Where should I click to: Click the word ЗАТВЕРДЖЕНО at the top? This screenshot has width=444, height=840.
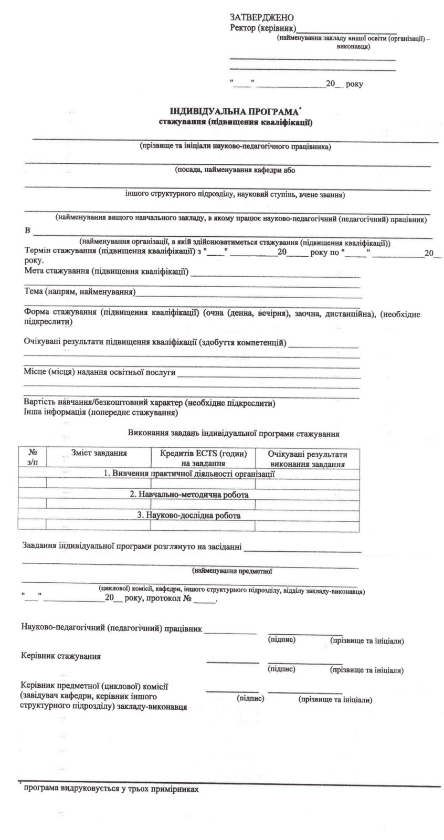(258, 18)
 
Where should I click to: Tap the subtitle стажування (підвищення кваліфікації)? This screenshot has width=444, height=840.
(236, 123)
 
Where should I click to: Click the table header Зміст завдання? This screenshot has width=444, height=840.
(99, 453)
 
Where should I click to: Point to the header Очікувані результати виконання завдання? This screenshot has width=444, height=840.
(307, 458)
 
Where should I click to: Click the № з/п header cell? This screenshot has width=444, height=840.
(33, 456)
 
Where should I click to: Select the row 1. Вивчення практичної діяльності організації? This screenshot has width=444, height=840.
(189, 474)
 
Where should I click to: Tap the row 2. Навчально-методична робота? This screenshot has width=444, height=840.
(189, 495)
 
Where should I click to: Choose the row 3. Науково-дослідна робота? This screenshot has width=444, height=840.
(189, 515)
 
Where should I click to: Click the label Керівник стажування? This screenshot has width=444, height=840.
(61, 656)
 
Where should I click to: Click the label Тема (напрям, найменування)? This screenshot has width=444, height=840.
(80, 291)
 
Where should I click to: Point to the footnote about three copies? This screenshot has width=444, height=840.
(111, 789)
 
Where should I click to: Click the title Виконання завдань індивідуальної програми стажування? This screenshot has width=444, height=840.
(233, 434)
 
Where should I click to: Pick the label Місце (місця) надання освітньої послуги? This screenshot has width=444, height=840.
(100, 372)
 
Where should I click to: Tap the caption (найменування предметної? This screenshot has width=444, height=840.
(232, 570)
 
